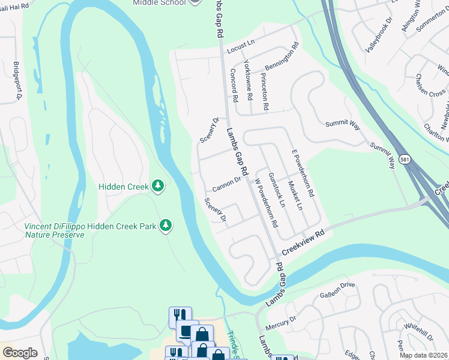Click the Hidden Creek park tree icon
pos(158,186)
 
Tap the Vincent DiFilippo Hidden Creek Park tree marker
pos(166,226)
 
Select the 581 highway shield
pos(405,158)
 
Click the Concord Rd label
pos(235,83)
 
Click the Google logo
pos(20,353)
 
